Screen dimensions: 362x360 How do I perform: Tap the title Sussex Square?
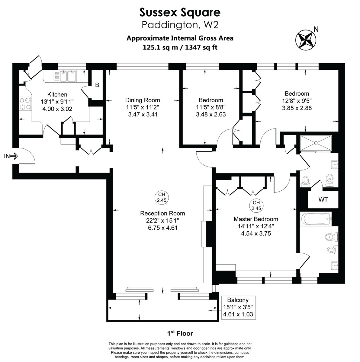click(180, 12)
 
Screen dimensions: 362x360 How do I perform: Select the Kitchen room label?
click(57, 94)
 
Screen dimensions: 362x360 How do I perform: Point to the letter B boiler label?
click(97, 85)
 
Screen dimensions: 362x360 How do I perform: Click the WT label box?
click(323, 200)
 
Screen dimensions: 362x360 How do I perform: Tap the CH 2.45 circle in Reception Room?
click(162, 197)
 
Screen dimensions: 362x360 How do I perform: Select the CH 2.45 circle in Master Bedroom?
click(256, 205)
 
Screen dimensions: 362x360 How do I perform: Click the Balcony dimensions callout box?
click(238, 307)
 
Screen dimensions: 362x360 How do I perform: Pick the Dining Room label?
click(143, 100)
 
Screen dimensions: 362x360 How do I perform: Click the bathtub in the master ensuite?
click(316, 219)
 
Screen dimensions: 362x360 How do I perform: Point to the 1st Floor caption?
click(180, 333)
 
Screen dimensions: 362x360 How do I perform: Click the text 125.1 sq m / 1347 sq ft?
click(180, 47)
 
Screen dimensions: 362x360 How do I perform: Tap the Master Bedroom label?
click(256, 219)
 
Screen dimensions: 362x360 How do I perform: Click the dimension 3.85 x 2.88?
click(297, 108)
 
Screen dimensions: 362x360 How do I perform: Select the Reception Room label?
click(162, 213)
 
